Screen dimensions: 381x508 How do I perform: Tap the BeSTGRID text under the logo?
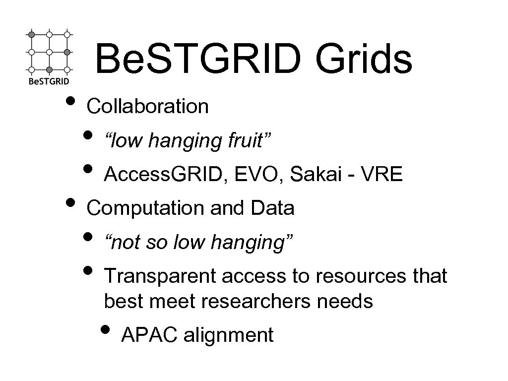[48, 81]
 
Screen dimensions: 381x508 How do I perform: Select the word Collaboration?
[147, 106]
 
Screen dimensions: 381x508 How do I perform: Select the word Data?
[273, 208]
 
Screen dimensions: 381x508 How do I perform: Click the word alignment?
[229, 335]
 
